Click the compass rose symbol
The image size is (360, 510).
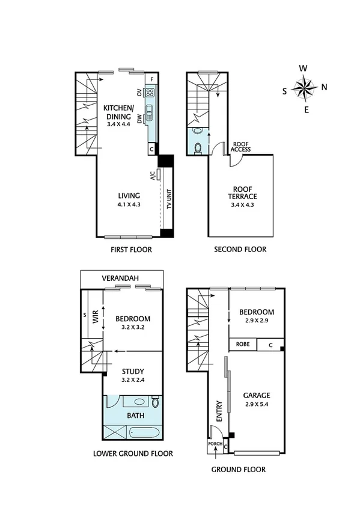click(305, 89)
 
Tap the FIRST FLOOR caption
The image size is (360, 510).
click(132, 250)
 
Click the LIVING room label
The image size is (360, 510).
click(129, 195)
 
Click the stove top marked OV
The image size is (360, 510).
click(149, 93)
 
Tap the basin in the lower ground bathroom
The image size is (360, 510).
click(139, 401)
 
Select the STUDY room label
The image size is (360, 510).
click(132, 372)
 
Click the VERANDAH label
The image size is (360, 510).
click(121, 278)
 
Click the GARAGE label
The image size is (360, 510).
click(257, 395)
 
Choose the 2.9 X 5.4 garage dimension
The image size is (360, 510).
click(257, 405)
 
